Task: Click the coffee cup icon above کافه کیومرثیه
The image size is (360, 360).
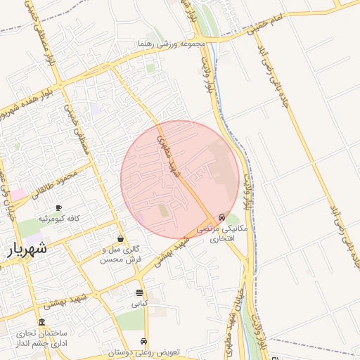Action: pos(58,207)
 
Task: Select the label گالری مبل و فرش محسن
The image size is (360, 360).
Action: pos(120,255)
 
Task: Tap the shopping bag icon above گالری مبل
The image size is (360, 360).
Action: pos(121,238)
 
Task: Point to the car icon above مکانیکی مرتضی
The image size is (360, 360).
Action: pos(222,218)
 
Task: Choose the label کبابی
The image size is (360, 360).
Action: pos(140,304)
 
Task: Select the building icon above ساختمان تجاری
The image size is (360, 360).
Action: pos(41,321)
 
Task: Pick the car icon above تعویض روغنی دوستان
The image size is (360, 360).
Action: pos(145,341)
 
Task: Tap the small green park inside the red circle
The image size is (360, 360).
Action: pos(164,210)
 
